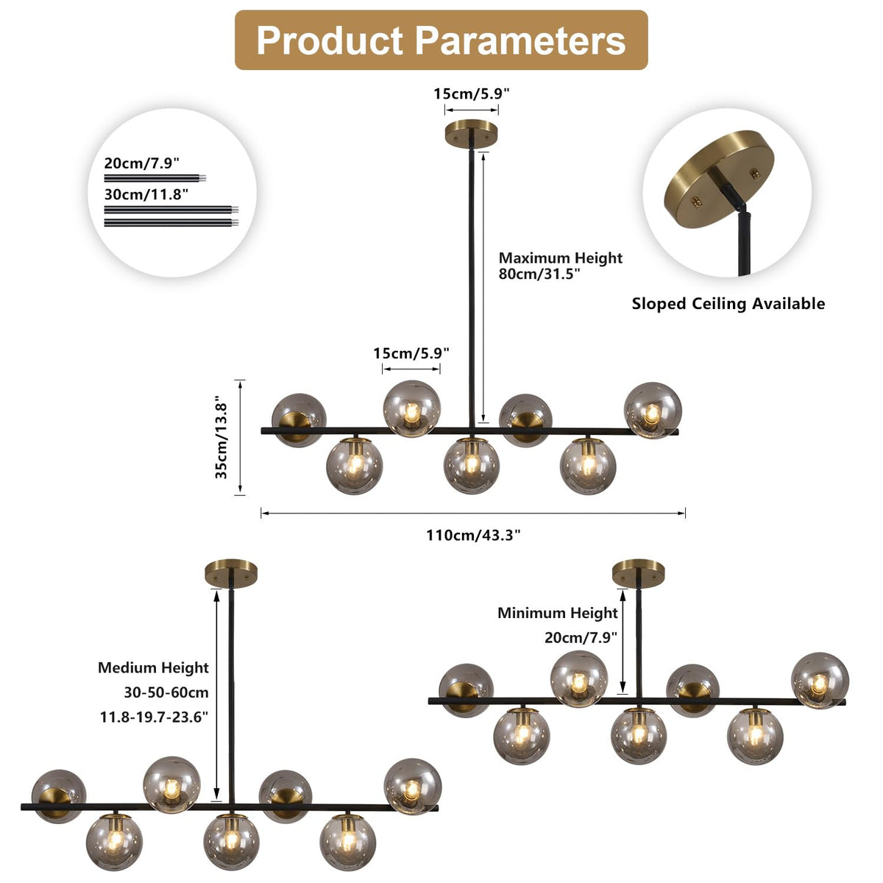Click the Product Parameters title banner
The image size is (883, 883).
click(x=441, y=40)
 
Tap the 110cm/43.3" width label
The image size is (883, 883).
click(x=473, y=535)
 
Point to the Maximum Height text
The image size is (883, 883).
click(x=560, y=258)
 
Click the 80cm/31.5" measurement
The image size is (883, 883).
click(x=539, y=274)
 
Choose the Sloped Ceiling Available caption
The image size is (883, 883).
click(x=728, y=304)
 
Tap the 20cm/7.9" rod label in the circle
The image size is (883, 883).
click(x=141, y=163)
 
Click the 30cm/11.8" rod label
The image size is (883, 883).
click(x=146, y=194)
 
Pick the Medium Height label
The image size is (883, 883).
click(x=153, y=668)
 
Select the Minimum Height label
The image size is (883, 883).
click(x=557, y=613)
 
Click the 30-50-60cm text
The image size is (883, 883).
click(x=166, y=692)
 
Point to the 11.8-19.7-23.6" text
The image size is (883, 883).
click(x=154, y=717)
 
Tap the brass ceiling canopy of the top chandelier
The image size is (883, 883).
click(x=472, y=133)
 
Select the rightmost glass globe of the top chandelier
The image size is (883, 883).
click(x=653, y=409)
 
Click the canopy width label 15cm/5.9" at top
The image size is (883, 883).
click(x=471, y=93)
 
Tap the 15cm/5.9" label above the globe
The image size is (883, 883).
click(x=411, y=352)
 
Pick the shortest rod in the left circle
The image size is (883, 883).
click(x=155, y=177)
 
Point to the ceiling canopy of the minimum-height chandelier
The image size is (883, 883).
click(x=638, y=571)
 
